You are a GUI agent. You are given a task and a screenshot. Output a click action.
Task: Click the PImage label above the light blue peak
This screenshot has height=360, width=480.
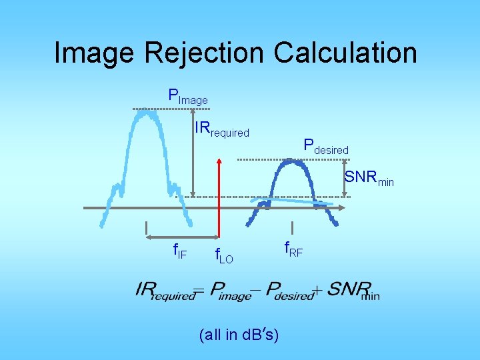[x=188, y=96]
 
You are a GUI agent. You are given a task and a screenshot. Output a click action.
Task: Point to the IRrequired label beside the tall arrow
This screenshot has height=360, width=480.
[x=221, y=129]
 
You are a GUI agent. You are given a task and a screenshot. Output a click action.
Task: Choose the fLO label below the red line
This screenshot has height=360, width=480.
[x=223, y=255]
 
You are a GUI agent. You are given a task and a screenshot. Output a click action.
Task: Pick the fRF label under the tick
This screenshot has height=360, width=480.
[x=293, y=250]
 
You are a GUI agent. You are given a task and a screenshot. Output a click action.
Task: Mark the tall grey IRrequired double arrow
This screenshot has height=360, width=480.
[x=193, y=153]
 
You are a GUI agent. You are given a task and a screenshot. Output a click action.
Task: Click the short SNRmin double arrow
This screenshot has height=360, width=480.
[x=345, y=179]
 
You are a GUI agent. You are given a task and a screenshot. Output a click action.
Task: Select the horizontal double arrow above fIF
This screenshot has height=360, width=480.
[x=180, y=237]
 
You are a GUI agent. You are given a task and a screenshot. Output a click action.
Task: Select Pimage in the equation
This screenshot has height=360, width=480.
[x=231, y=290]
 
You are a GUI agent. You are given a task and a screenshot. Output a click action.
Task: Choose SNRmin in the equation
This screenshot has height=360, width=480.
[x=353, y=290]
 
